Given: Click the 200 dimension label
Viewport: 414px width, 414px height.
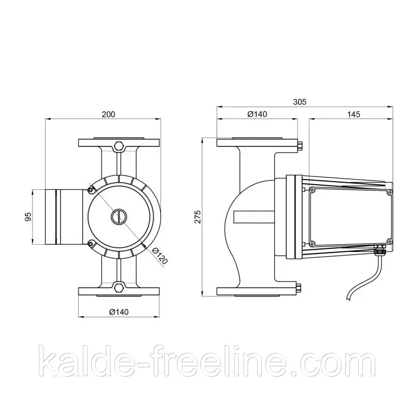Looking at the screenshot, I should [108, 114].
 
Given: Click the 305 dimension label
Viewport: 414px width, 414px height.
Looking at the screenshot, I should [300, 102].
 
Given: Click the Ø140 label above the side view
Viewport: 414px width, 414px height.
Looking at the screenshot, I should [257, 114].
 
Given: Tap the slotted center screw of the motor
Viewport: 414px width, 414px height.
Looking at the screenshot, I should [119, 216].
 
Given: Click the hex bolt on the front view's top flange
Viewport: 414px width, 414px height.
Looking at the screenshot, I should [119, 146].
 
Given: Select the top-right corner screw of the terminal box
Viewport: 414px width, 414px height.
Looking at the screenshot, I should [388, 191].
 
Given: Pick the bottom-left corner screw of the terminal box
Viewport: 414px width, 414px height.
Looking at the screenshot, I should [313, 243].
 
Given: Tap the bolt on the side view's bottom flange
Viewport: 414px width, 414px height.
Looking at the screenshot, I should [299, 288].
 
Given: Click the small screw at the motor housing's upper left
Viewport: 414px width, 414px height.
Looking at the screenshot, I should [91, 190].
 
